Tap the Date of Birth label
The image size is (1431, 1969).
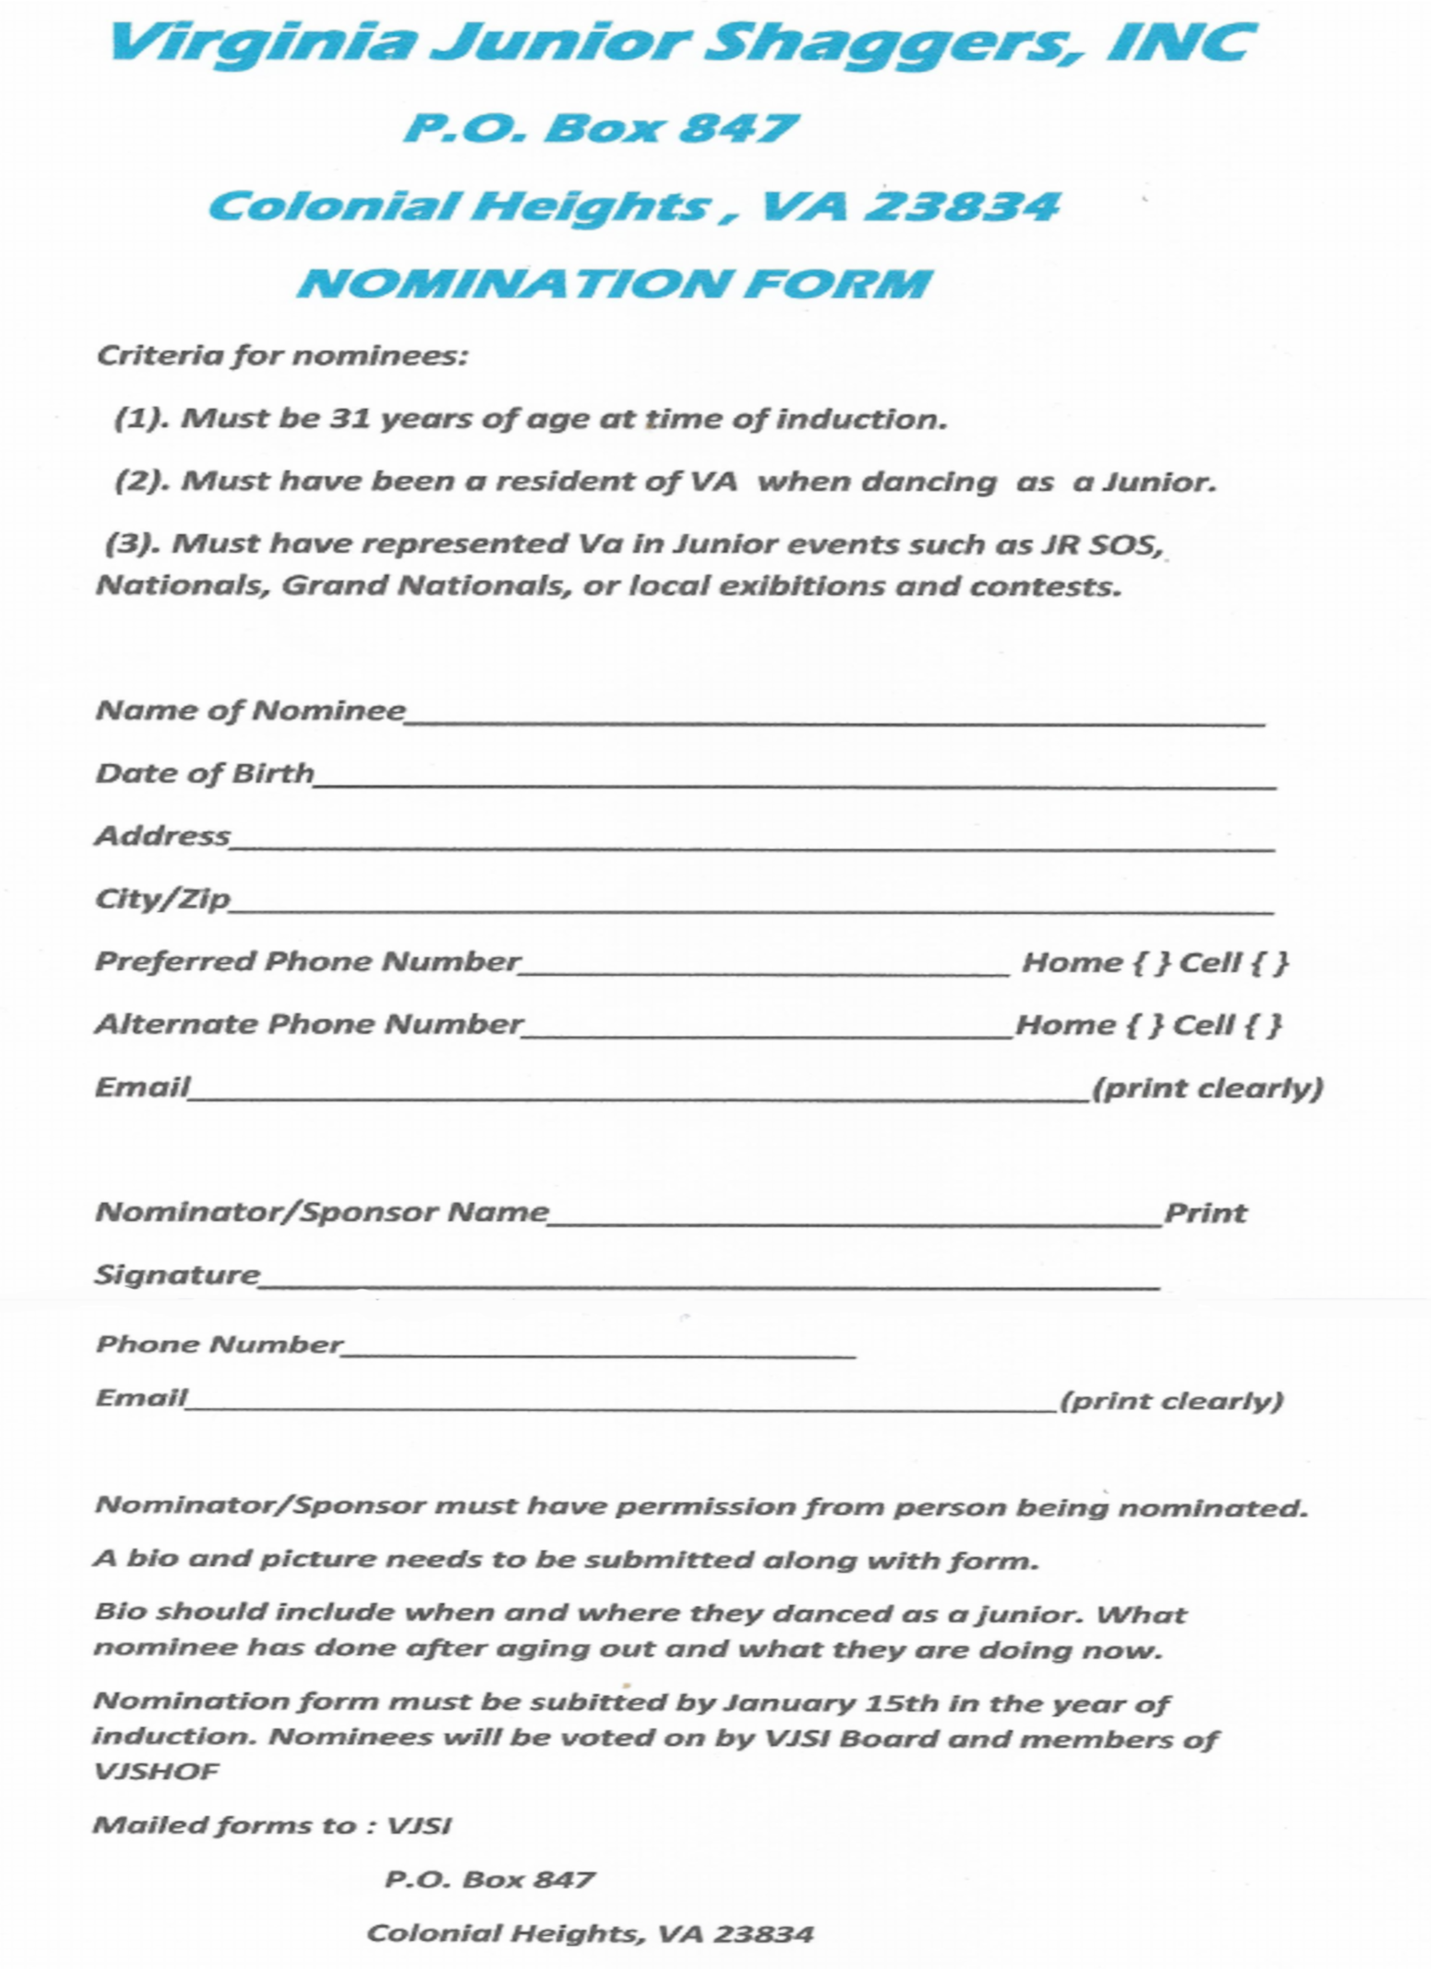205,773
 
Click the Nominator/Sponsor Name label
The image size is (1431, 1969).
322,1211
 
